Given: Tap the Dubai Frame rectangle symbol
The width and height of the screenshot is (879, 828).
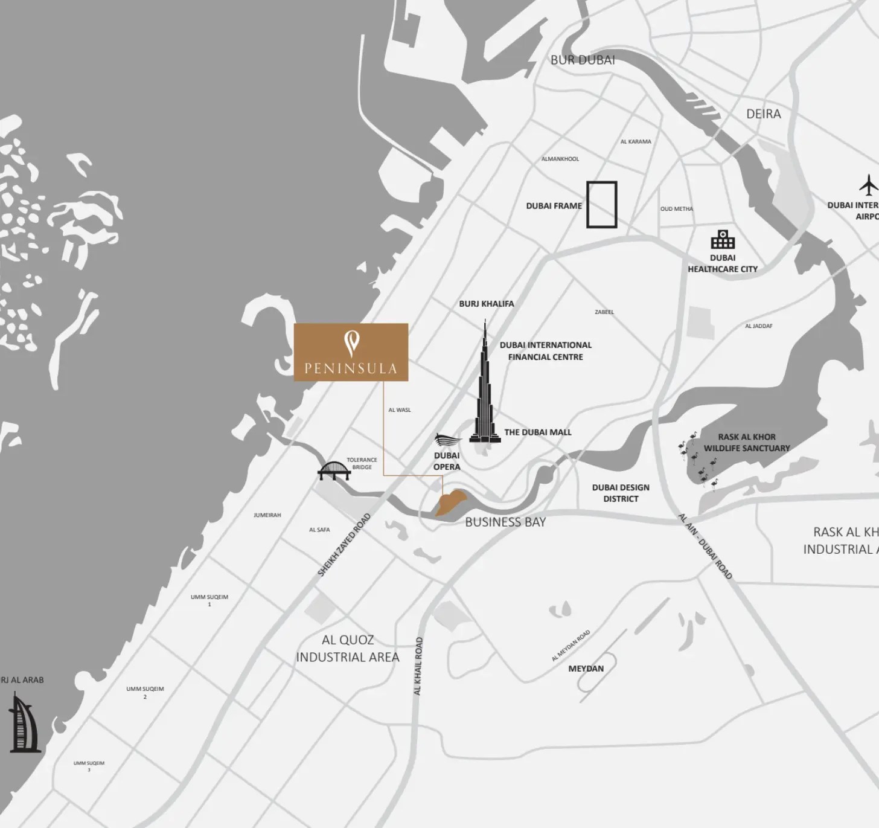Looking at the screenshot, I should tap(602, 205).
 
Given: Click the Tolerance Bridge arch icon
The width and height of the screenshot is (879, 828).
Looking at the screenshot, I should tap(334, 470).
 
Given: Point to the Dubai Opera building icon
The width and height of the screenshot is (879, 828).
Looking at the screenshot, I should tap(447, 440).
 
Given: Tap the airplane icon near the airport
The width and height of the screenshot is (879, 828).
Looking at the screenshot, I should tap(868, 185).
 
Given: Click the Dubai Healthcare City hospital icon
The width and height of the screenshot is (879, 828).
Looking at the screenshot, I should tap(723, 240).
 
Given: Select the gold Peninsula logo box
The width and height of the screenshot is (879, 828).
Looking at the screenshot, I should tap(351, 352).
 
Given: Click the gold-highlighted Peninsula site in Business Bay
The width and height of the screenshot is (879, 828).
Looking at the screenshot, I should tap(450, 502).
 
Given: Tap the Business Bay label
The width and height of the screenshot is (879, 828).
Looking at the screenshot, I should tap(505, 522).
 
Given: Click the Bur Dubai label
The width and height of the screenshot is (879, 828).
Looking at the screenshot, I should tap(583, 60).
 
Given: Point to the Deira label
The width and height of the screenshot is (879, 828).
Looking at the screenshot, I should tap(763, 114).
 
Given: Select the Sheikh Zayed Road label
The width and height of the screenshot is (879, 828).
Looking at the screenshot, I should tap(344, 545).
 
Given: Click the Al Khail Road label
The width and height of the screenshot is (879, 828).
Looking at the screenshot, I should tap(418, 666).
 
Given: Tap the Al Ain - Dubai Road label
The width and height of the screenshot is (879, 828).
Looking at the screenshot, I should tap(705, 547).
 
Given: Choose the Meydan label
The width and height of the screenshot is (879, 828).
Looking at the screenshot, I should tap(586, 669).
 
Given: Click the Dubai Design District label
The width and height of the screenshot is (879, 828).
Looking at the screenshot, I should tap(621, 493).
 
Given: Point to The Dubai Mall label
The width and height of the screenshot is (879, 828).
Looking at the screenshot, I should tap(537, 432).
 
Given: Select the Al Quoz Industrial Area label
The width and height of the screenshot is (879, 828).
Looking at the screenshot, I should tap(348, 649).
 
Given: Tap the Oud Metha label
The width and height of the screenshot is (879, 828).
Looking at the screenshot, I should tap(677, 209).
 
